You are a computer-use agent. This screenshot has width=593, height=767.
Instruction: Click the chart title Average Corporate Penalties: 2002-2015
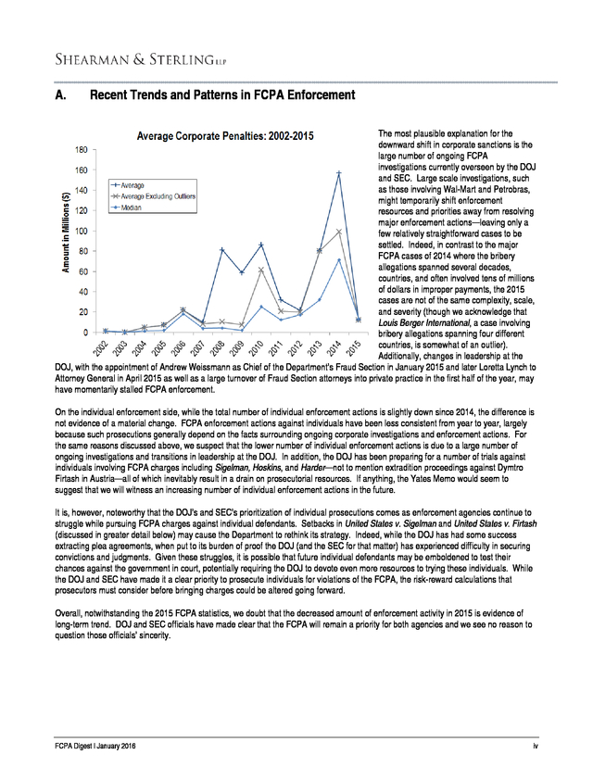coord(225,137)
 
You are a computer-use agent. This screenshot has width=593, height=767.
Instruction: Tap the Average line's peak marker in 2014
coord(340,173)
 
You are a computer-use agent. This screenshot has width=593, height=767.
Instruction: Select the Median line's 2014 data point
coord(340,260)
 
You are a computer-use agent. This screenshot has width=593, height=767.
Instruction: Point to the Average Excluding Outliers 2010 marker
coord(262,270)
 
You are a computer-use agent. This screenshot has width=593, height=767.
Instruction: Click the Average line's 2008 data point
coord(223,250)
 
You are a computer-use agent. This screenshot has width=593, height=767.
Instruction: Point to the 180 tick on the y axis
coord(82,150)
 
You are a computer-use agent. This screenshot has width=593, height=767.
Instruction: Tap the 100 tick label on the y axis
coord(82,232)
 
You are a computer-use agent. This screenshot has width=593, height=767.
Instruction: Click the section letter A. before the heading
coord(61,95)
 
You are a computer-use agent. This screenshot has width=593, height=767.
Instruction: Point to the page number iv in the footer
coord(536,746)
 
